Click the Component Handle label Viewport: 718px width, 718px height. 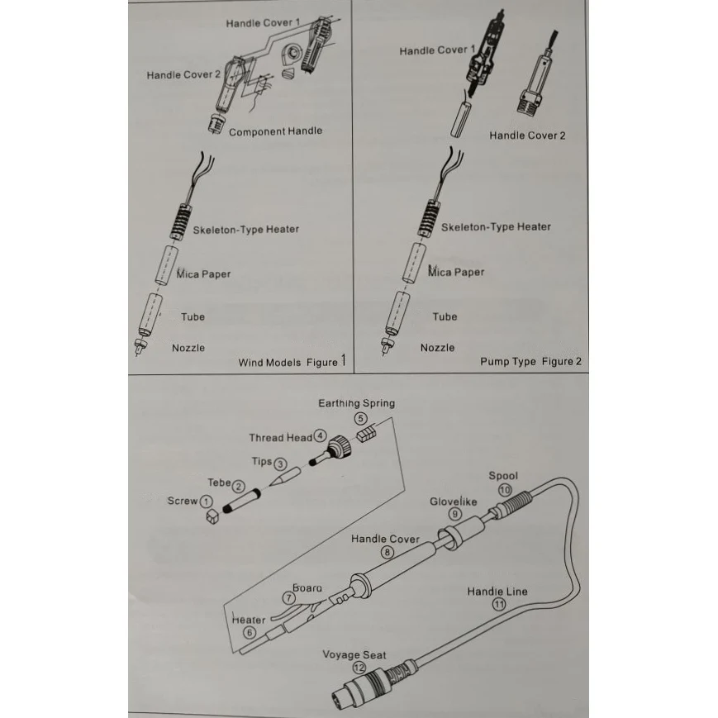point(275,131)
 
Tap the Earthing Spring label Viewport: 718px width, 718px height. point(356,403)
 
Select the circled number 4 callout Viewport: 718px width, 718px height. point(320,436)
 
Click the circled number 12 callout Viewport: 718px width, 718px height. point(359,668)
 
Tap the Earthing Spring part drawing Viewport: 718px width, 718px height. point(365,433)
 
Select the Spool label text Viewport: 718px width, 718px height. point(502,476)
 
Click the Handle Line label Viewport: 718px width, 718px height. point(497,592)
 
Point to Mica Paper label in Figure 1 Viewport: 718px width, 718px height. point(203,273)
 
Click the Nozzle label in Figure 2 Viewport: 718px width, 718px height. point(437,348)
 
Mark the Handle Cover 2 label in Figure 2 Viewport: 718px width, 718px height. point(527,136)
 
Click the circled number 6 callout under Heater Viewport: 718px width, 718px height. point(250,633)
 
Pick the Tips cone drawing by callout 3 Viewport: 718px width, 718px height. point(281,478)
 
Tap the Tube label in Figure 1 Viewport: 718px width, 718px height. point(193,316)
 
